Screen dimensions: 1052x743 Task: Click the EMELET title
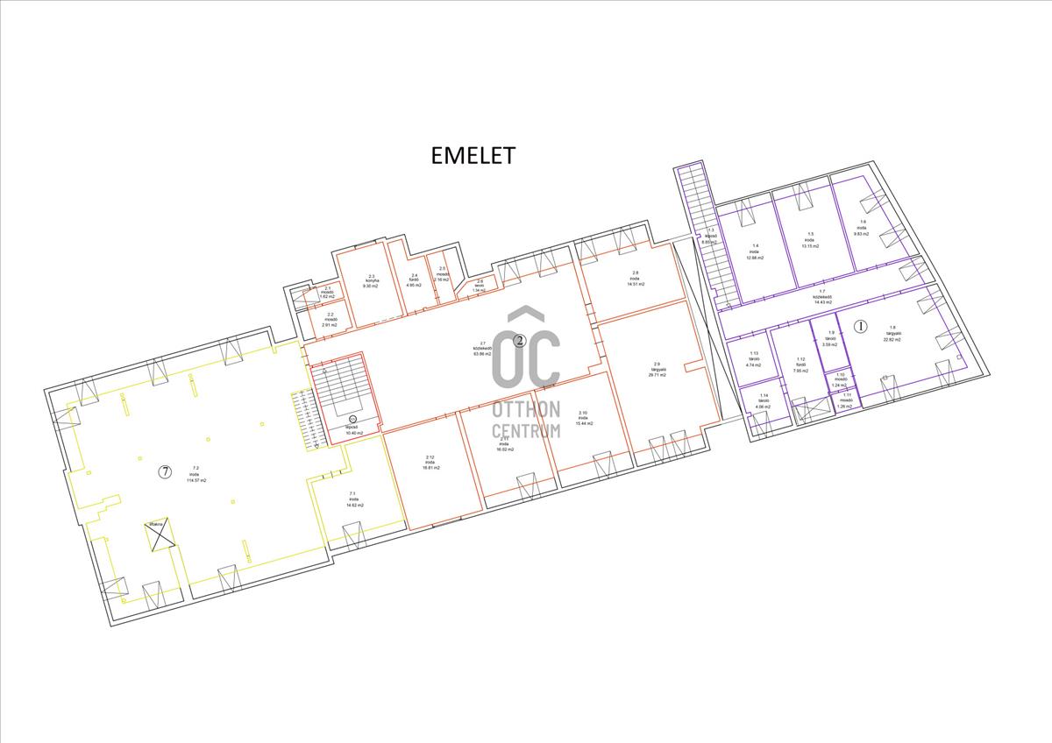click(x=473, y=155)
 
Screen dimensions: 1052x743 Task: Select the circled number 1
click(x=860, y=326)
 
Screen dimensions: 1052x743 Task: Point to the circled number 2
click(x=519, y=340)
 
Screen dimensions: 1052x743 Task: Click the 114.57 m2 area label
click(x=195, y=481)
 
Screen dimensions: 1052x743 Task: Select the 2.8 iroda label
click(x=636, y=278)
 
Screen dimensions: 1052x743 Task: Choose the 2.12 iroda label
click(x=430, y=463)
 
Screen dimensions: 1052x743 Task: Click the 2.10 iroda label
click(x=584, y=418)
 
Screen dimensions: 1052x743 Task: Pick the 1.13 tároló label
click(x=754, y=358)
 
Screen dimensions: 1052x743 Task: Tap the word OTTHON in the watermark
click(x=526, y=409)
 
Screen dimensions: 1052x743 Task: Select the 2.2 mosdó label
click(x=330, y=319)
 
